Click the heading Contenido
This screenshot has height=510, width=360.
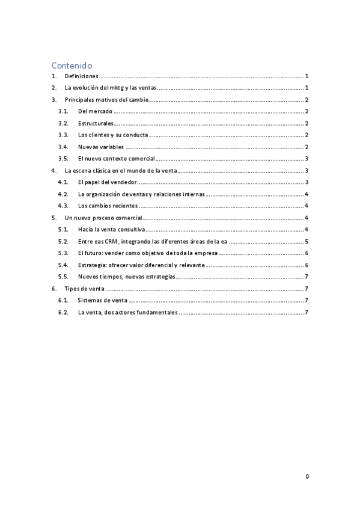click(x=72, y=65)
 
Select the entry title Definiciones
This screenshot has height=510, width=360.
click(x=81, y=76)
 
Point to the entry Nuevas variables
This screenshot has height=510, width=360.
click(x=101, y=147)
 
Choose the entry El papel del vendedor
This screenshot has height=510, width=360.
click(x=108, y=182)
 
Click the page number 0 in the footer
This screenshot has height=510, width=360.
click(x=307, y=476)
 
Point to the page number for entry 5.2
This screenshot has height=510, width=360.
click(x=307, y=241)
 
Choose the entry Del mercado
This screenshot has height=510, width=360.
click(x=96, y=112)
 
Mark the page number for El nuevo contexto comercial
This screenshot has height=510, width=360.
click(x=307, y=159)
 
